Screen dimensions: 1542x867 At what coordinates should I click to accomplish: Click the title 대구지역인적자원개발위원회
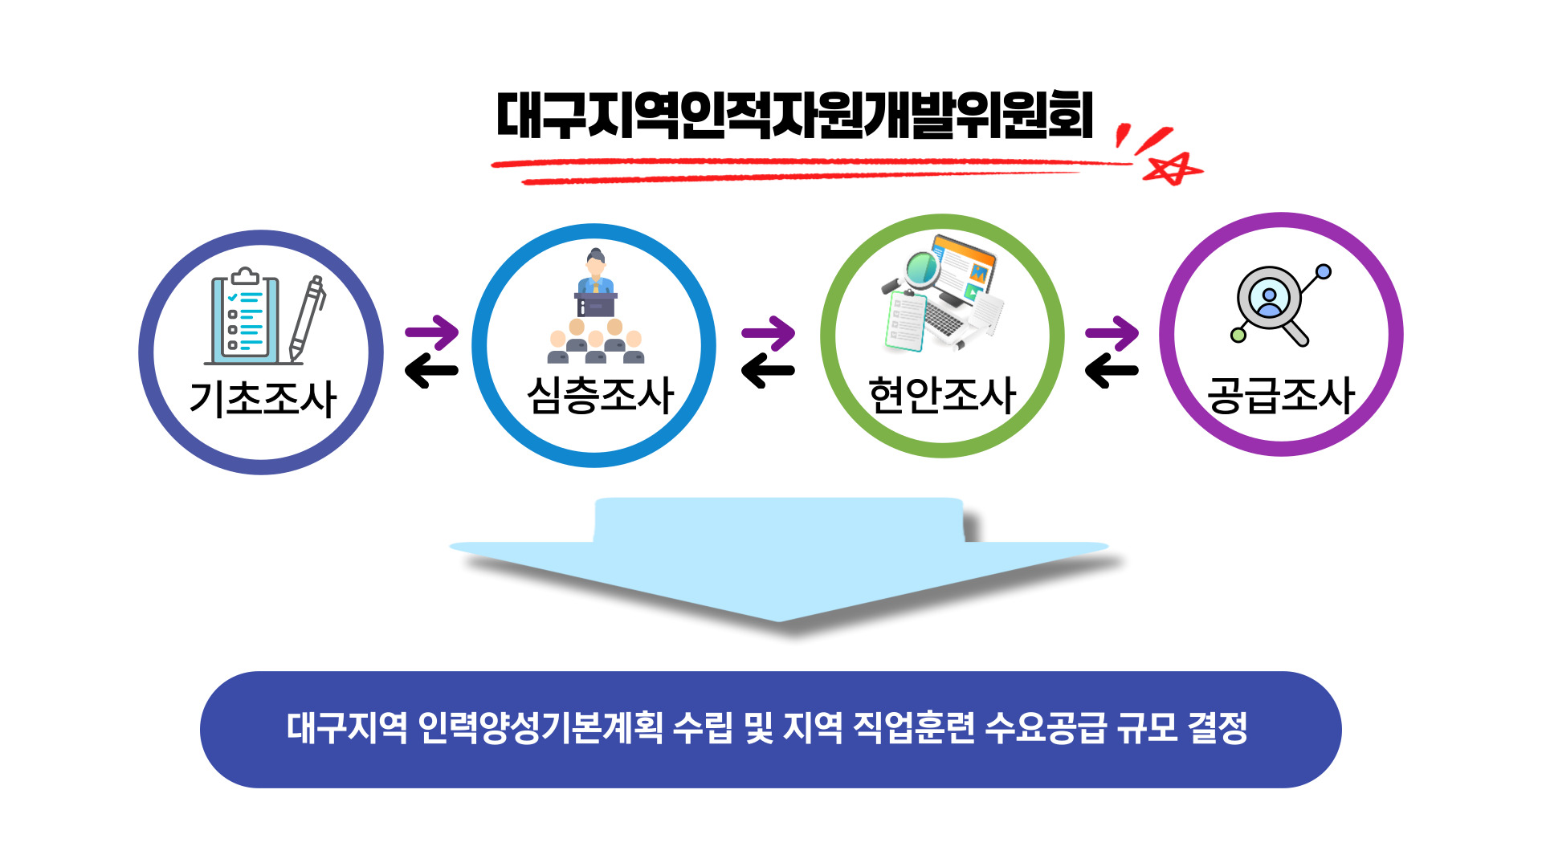tap(795, 116)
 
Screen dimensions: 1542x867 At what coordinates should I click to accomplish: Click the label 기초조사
tap(263, 398)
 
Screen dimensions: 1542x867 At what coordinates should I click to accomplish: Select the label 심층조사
tap(600, 395)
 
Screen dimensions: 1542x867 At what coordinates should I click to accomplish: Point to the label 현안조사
tap(943, 395)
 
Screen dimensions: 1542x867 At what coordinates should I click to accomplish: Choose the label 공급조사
tap(1282, 395)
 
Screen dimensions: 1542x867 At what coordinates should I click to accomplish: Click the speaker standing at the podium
tap(596, 282)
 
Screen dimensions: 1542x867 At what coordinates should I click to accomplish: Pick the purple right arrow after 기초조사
tap(432, 332)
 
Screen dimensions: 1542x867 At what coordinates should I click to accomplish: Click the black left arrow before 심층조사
tap(432, 371)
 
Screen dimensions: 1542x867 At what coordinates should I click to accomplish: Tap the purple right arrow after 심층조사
tap(769, 332)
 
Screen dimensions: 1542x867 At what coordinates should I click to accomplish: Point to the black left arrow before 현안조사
tap(769, 371)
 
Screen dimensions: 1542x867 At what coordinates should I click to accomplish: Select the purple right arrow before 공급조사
tap(1112, 332)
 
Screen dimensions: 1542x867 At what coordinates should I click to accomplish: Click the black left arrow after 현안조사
tap(1112, 371)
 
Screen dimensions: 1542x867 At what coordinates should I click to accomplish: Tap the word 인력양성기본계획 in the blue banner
tap(541, 728)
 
